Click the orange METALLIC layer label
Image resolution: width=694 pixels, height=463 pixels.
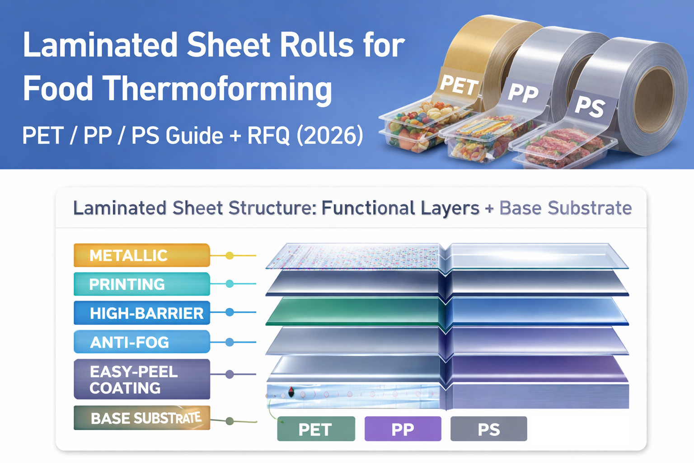coord(141,255)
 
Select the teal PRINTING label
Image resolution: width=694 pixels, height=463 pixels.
coord(141,284)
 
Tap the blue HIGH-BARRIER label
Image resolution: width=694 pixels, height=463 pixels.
coord(141,313)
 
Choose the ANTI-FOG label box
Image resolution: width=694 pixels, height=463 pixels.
coord(141,342)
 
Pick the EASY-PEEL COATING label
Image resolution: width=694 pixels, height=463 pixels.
coord(141,379)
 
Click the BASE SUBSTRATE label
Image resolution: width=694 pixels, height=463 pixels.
coord(141,418)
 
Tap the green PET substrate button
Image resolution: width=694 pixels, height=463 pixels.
coord(316,429)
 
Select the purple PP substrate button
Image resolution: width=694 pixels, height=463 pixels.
coord(403,429)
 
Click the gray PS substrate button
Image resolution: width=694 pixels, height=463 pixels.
coord(488,429)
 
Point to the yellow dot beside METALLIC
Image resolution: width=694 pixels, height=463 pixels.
coord(230,256)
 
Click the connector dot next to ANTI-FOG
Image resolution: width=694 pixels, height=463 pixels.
coord(230,342)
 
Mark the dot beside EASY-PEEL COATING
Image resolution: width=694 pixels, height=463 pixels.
coord(230,374)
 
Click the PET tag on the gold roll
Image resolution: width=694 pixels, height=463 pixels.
coord(458,85)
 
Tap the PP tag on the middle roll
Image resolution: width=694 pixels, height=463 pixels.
coord(523,92)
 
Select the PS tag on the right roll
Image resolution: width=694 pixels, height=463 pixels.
coord(590,107)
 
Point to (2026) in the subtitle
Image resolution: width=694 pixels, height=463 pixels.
coord(330,136)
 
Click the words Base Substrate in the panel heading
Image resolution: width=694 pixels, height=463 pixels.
coord(565,208)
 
